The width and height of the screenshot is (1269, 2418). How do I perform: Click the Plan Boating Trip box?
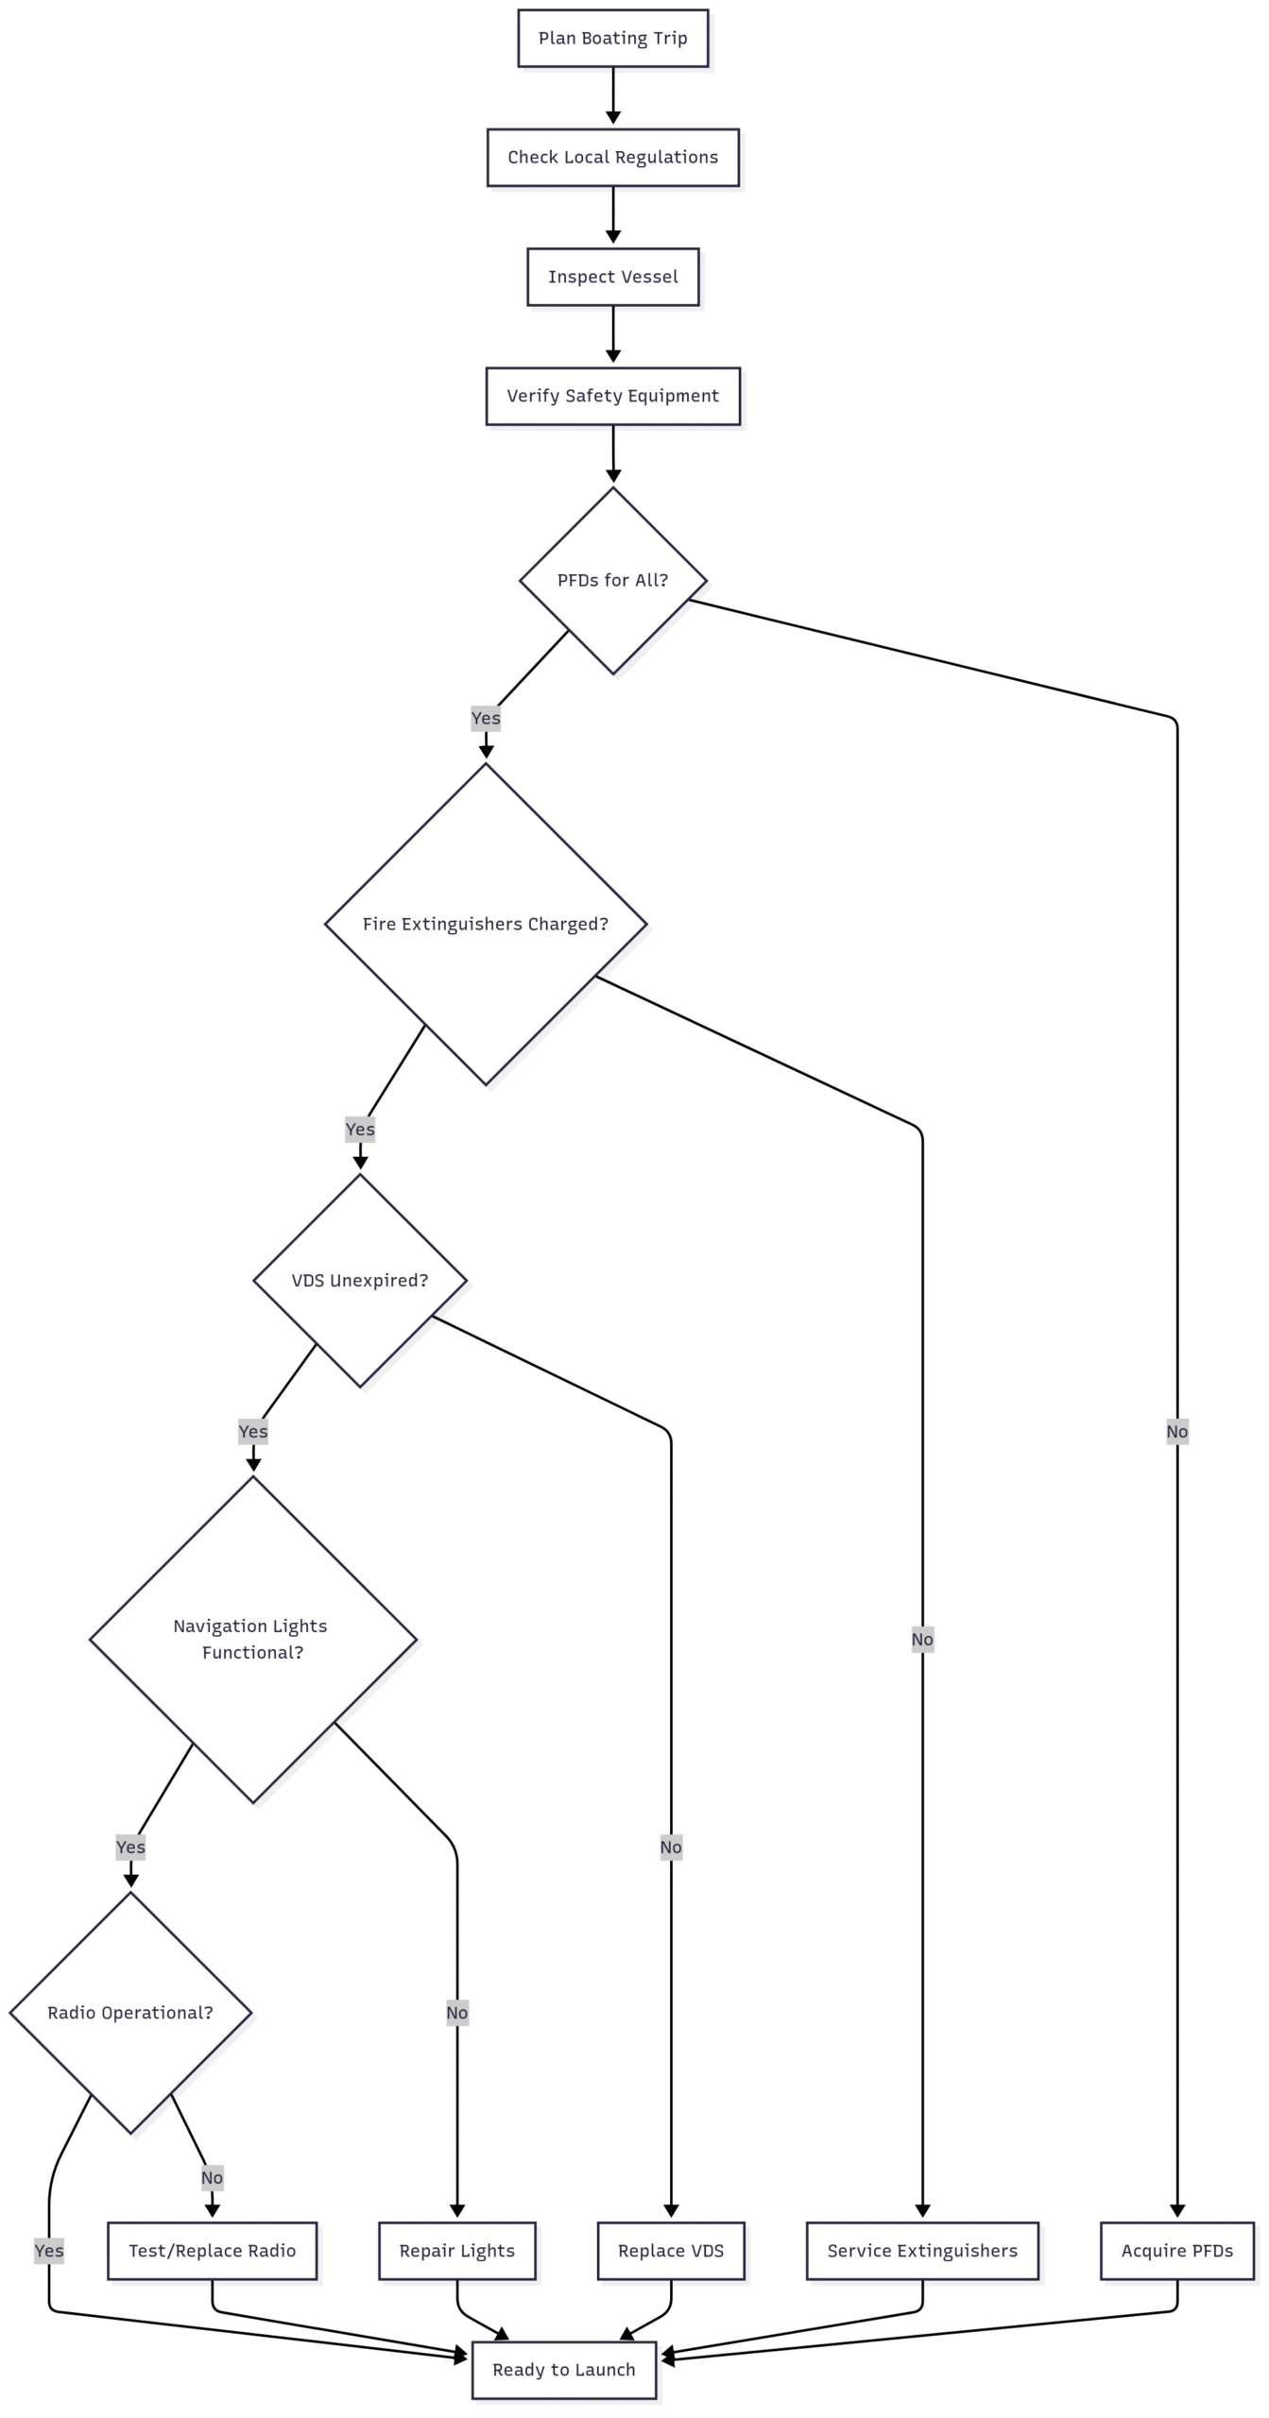pyautogui.click(x=612, y=39)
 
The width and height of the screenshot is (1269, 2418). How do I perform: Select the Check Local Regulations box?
pyautogui.click(x=612, y=158)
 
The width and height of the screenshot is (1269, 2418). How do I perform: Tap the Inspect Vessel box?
pyautogui.click(x=612, y=277)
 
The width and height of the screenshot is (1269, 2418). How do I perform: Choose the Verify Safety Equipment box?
pyautogui.click(x=612, y=396)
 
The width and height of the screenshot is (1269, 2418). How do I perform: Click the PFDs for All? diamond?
pyautogui.click(x=612, y=580)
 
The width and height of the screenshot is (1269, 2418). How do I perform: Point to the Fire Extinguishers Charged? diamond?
pyautogui.click(x=486, y=924)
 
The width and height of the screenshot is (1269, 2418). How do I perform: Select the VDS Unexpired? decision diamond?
pyautogui.click(x=360, y=1280)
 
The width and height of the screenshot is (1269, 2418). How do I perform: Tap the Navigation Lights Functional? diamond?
pyautogui.click(x=252, y=1639)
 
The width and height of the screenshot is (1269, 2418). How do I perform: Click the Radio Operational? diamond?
pyautogui.click(x=130, y=2012)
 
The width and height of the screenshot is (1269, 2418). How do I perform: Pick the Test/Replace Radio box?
pyautogui.click(x=212, y=2251)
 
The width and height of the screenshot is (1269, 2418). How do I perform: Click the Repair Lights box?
pyautogui.click(x=456, y=2251)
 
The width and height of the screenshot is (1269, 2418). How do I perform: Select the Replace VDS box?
pyautogui.click(x=671, y=2251)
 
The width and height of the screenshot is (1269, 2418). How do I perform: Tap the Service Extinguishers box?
pyautogui.click(x=922, y=2251)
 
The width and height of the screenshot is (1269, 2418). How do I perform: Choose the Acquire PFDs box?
pyautogui.click(x=1176, y=2251)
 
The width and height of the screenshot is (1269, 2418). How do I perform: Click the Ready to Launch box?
pyautogui.click(x=564, y=2369)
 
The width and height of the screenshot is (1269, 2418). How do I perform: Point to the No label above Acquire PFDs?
pyautogui.click(x=1176, y=1431)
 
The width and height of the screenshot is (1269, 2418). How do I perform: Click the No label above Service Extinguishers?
pyautogui.click(x=922, y=1639)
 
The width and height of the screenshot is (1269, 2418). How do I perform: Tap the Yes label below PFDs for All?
pyautogui.click(x=486, y=718)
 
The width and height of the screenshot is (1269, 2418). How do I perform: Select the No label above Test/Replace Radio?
pyautogui.click(x=212, y=2178)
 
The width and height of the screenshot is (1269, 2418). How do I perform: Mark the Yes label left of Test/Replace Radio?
pyautogui.click(x=49, y=2251)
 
